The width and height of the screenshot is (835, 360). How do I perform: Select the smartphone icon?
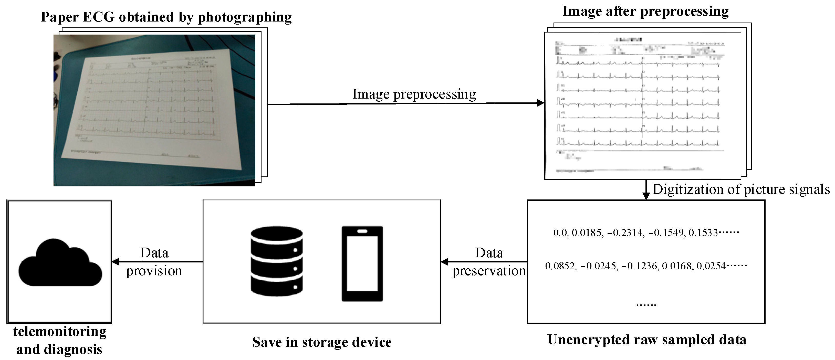coord(362,263)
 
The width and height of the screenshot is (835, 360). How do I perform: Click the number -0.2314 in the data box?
coord(625,233)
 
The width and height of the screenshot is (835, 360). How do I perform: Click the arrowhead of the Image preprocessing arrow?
coord(540,103)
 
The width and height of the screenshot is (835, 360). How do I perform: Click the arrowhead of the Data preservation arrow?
coord(445,261)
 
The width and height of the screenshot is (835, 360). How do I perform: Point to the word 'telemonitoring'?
coord(60,332)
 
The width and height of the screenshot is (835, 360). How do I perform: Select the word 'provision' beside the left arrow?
coord(154,271)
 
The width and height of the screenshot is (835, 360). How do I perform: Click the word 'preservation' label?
coord(489,271)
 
